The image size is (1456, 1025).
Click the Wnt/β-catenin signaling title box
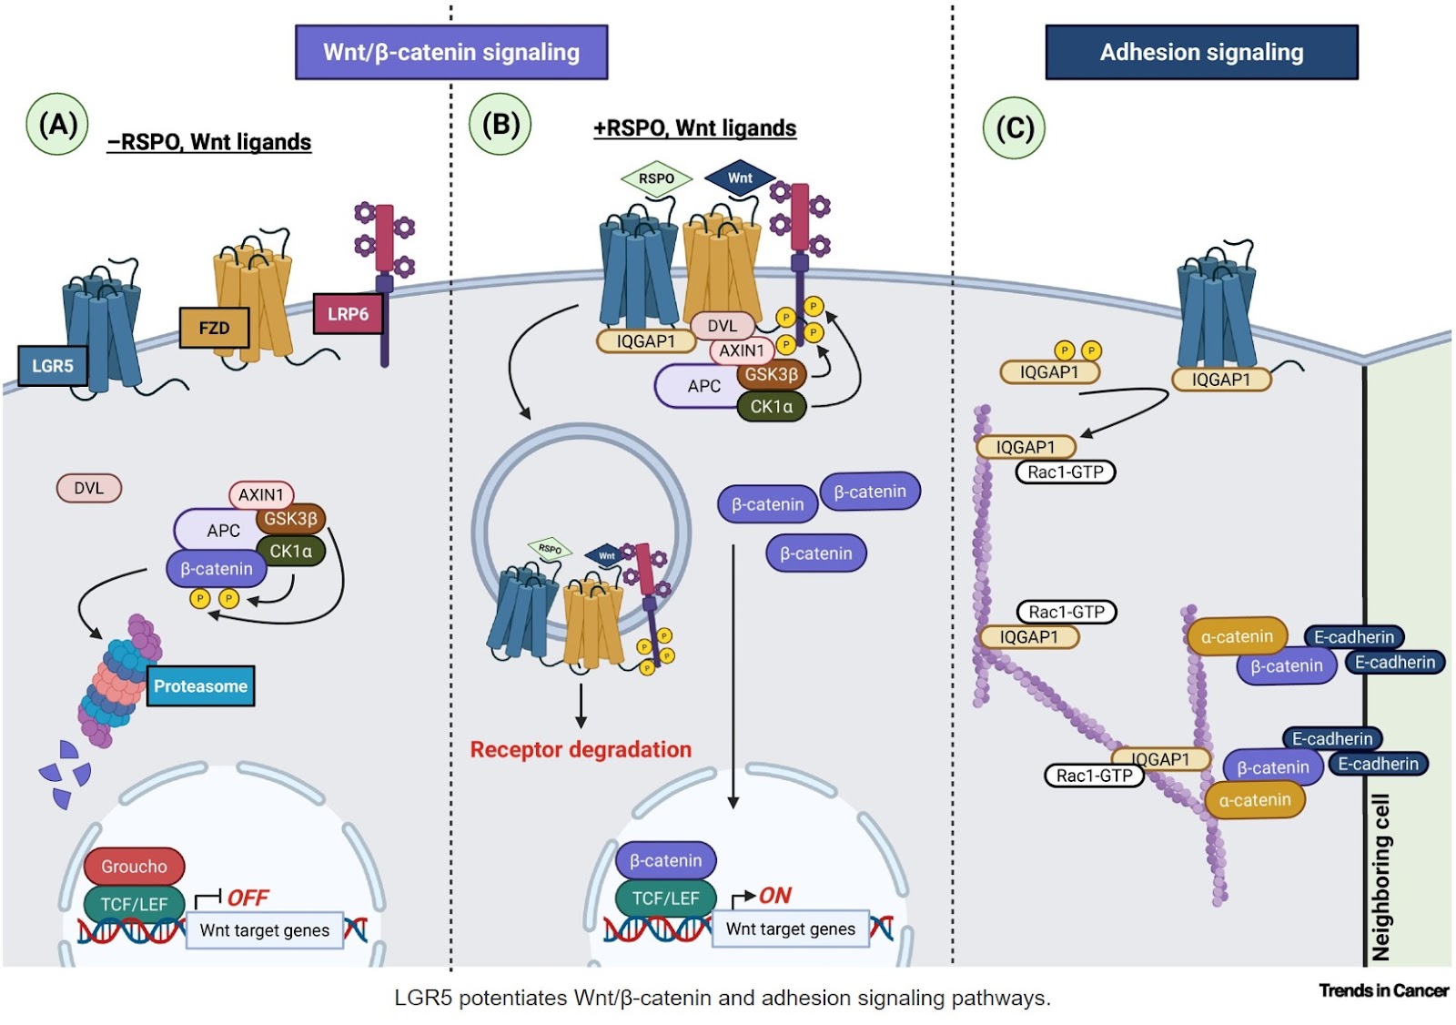[x=451, y=52]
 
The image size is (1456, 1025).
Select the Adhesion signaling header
[x=1201, y=52]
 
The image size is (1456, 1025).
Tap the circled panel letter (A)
[x=58, y=125]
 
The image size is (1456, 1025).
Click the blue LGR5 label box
[x=53, y=366]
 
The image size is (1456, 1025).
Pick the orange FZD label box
[x=214, y=328]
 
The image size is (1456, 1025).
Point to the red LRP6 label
[x=348, y=314]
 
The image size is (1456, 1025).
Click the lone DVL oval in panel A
[x=89, y=488]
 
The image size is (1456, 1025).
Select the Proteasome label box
[x=200, y=686]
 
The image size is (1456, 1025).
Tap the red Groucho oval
[x=134, y=866]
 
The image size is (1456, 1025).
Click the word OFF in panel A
[x=248, y=898]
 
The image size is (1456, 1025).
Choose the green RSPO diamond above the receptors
[x=656, y=178]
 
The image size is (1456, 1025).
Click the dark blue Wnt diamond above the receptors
[x=740, y=178]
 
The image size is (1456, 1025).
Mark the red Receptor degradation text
[x=581, y=750]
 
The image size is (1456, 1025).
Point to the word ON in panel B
[x=775, y=896]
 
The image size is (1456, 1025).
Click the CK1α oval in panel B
[x=771, y=407]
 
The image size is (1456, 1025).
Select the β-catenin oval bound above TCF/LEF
[x=665, y=860]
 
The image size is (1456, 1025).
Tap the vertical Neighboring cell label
[x=1381, y=878]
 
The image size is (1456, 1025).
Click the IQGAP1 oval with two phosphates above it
[x=1049, y=371]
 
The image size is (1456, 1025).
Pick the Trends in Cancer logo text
[x=1383, y=990]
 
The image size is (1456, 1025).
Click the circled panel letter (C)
[x=1015, y=128]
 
